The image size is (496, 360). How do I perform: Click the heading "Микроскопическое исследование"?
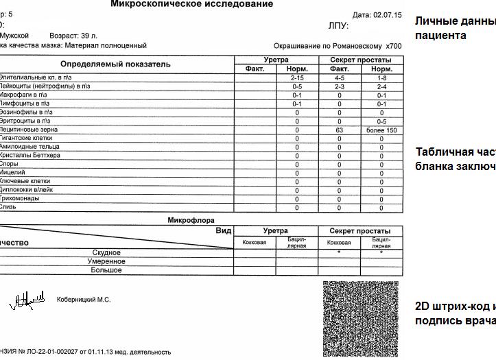point(191,4)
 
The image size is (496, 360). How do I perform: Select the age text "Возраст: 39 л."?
point(73,35)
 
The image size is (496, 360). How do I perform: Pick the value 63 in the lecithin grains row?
point(339,130)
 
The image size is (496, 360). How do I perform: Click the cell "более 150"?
point(381,130)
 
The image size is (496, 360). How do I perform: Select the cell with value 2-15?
point(297,78)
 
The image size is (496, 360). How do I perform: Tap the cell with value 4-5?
point(339,78)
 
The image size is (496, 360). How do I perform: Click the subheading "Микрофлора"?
point(191,220)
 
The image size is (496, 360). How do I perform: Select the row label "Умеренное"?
point(104,262)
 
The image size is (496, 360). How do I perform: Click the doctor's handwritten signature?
point(27,300)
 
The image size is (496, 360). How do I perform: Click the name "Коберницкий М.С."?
point(83,300)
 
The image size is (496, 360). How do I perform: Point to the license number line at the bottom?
point(85,352)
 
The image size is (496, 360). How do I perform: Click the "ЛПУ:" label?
point(338,26)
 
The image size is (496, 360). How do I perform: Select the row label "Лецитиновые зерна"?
point(28,130)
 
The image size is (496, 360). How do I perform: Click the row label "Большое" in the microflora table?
point(106,271)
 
